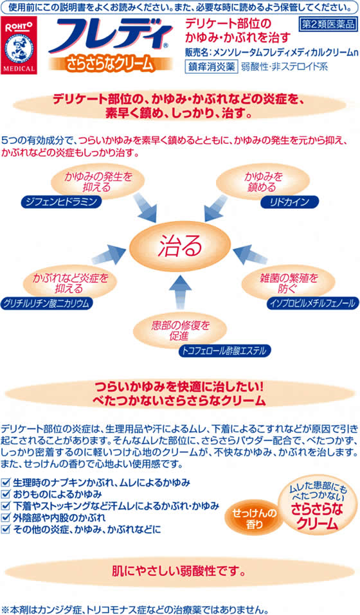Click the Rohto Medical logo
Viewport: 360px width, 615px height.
coord(19,46)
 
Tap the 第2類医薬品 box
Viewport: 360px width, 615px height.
coord(328,24)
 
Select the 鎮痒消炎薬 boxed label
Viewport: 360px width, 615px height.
coord(211,66)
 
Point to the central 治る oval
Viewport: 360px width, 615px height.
coord(180,246)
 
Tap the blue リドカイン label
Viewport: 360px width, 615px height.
coord(289,202)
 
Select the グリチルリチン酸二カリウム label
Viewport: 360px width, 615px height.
coord(46,303)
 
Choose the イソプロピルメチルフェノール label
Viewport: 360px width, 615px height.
coord(312,303)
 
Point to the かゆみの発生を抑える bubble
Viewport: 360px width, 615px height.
coord(98,182)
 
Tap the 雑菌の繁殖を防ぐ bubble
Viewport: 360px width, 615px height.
coord(288,283)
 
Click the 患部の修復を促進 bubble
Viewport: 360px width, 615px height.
coord(180,330)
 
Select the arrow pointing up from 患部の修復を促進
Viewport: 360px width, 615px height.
coord(180,292)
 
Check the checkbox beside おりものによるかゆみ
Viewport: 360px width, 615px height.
coord(6,494)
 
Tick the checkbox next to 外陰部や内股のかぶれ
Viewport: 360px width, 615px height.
coord(6,518)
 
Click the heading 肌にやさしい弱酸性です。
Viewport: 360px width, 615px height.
coord(179,571)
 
